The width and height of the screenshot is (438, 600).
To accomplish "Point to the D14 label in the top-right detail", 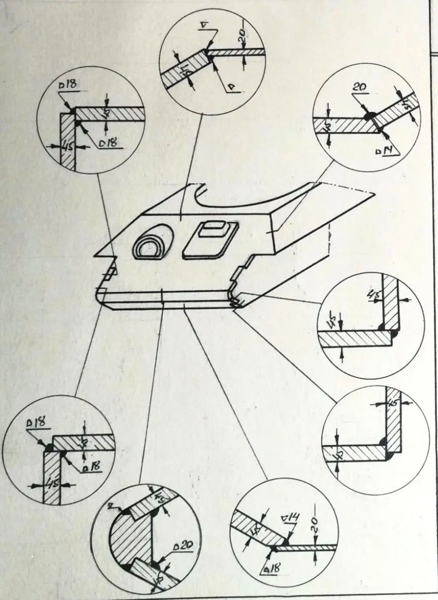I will coord(396,151).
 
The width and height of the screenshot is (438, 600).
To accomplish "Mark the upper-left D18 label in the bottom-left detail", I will coord(36,424).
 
